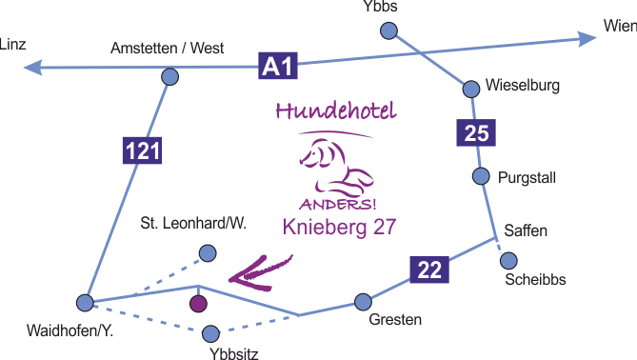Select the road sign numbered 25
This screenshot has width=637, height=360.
(476, 133)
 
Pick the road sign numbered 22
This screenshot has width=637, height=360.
(429, 270)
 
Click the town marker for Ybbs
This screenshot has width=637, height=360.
(388, 31)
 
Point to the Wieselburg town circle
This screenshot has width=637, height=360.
(470, 89)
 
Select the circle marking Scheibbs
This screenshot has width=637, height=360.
(508, 260)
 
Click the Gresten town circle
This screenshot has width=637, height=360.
(363, 302)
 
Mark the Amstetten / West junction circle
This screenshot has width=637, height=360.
(170, 77)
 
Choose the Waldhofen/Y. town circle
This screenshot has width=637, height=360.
(85, 303)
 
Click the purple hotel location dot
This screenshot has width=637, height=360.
(198, 305)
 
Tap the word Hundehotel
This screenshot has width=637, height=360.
(333, 110)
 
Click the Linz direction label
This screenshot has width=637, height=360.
(15, 44)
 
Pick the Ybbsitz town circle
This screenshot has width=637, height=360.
(212, 333)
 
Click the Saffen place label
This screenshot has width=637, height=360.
(528, 230)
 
